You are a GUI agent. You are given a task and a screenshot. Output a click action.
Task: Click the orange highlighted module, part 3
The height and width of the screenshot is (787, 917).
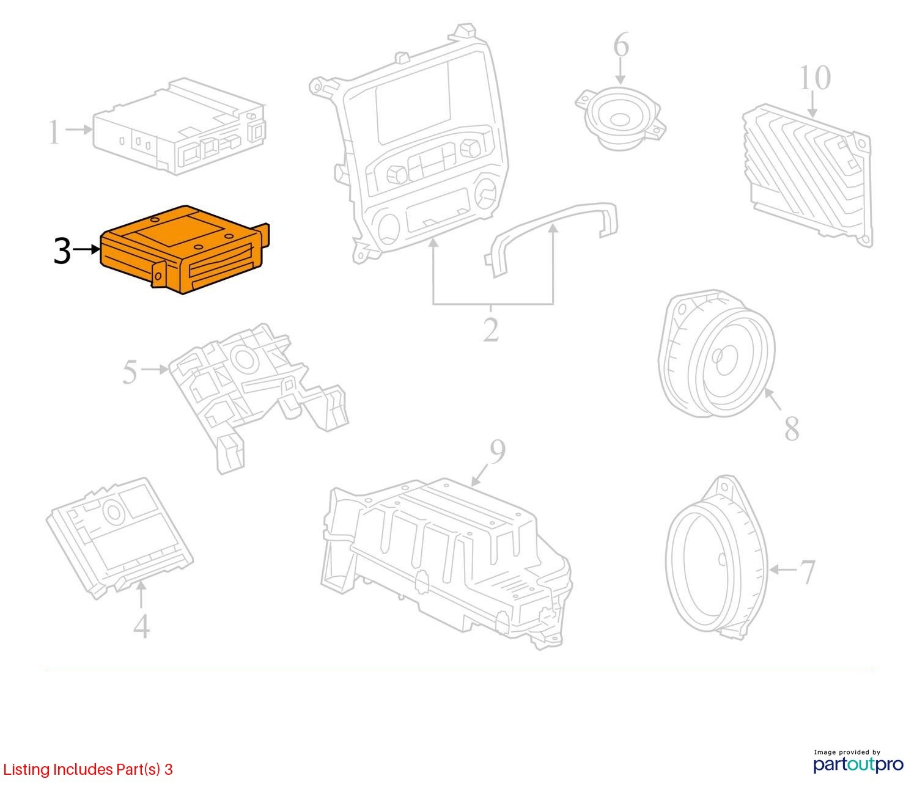click(x=184, y=251)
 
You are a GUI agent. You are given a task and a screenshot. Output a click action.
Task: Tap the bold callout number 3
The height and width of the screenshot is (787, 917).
click(x=62, y=251)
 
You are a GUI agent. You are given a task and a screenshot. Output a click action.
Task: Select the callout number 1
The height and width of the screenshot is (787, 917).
click(x=54, y=132)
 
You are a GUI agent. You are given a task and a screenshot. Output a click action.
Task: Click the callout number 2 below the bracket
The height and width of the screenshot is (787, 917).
click(x=491, y=329)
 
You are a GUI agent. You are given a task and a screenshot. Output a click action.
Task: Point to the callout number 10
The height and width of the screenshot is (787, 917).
click(x=814, y=78)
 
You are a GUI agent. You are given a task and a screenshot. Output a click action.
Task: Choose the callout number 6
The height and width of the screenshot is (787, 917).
click(x=621, y=45)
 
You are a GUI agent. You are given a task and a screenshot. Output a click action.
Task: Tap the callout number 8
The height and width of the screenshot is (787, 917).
click(x=792, y=429)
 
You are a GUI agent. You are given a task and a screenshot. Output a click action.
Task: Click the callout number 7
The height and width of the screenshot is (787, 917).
click(x=808, y=572)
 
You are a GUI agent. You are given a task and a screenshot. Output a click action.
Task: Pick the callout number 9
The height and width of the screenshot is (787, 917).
click(x=497, y=452)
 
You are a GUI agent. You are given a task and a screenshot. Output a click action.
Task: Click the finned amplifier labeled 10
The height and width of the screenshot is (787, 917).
click(x=808, y=175)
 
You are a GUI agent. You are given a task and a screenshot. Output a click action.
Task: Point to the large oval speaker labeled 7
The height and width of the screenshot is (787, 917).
click(x=716, y=558)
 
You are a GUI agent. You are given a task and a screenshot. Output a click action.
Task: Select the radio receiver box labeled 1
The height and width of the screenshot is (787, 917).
click(x=180, y=127)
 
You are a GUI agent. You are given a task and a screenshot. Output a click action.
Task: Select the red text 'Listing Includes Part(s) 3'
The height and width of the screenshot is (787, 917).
click(x=88, y=769)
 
